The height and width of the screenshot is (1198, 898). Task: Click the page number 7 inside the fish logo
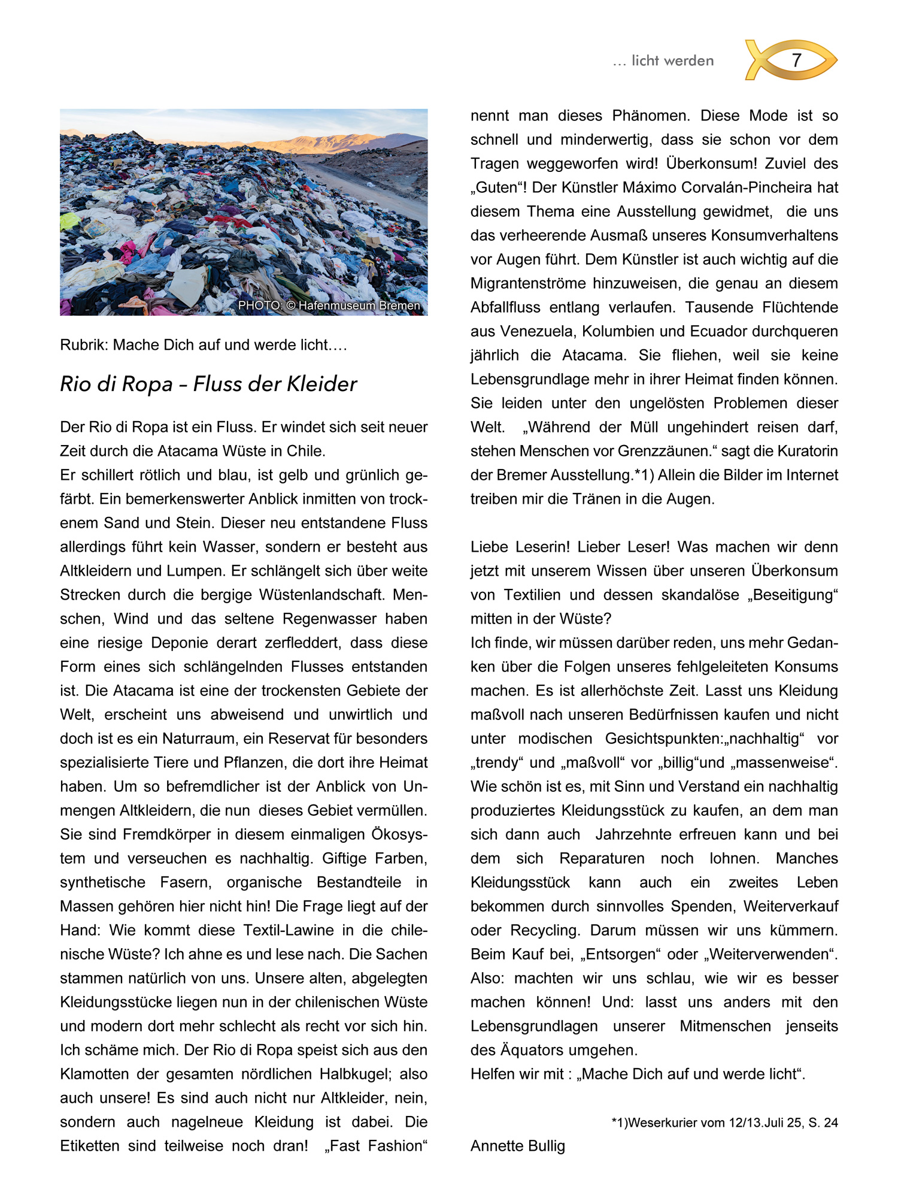pos(796,60)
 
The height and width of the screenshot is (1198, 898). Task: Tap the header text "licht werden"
pos(672,60)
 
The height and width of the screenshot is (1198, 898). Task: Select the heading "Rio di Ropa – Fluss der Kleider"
pos(208,384)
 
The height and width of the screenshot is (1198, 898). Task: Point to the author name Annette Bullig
pos(518,1146)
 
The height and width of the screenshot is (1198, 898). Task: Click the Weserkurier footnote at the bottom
pos(724,1123)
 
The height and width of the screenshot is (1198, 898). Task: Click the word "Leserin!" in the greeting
pos(533,547)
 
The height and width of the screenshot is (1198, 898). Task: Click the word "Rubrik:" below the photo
pos(84,345)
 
